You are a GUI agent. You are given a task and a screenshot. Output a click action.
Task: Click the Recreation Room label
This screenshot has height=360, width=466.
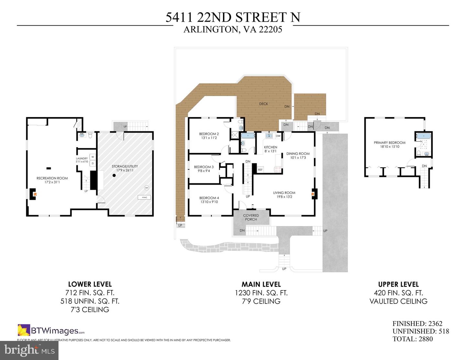(52, 178)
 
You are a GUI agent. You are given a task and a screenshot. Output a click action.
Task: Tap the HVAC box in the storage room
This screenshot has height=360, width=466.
(144, 197)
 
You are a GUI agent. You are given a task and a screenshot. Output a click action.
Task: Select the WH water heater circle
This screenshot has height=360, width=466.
(147, 188)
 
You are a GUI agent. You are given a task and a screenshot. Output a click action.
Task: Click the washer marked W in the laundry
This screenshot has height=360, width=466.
(93, 157)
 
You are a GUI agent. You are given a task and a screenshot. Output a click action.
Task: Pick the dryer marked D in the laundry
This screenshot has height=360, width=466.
(93, 163)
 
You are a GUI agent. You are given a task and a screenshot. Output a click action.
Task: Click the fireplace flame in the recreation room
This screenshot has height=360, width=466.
(35, 194)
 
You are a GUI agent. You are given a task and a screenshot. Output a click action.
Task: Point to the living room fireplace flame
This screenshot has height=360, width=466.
(313, 194)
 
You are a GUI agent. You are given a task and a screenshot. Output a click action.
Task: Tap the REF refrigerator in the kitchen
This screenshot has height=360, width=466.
(260, 169)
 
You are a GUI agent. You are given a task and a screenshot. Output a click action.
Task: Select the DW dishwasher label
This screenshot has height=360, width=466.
(278, 136)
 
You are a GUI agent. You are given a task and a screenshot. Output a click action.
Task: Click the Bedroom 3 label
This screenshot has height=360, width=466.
(204, 167)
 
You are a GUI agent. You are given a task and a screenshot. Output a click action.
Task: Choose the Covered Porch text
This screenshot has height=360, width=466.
(251, 217)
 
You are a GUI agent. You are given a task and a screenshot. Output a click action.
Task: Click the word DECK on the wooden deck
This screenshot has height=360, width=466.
(263, 104)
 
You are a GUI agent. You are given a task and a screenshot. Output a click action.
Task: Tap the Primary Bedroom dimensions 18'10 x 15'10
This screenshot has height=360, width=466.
(390, 147)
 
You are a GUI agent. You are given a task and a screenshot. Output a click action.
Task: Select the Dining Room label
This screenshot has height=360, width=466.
(298, 154)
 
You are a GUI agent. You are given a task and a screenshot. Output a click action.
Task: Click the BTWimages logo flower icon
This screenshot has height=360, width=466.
(24, 330)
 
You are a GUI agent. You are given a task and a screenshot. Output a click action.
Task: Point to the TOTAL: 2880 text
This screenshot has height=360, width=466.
(413, 339)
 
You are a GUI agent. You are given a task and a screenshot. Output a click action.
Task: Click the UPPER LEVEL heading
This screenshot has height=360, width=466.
(398, 284)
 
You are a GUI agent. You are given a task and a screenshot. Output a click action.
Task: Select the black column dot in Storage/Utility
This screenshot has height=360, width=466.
(114, 176)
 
